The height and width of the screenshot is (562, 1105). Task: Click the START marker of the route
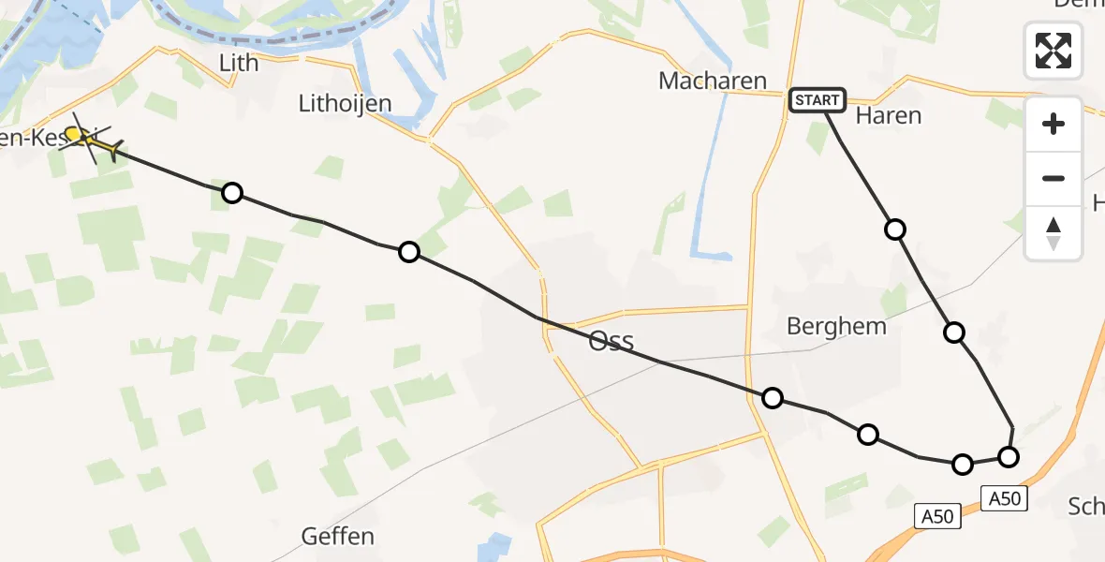point(818,99)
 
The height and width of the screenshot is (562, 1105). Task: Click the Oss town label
point(611,341)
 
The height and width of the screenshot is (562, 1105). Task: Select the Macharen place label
point(713,81)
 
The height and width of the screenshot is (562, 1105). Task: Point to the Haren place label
point(889,116)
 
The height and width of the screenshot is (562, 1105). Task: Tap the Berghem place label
point(836,327)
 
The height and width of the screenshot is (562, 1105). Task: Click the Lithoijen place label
point(345,103)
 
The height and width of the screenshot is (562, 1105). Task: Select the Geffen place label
point(338,537)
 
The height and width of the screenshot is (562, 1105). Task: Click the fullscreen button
point(1053,51)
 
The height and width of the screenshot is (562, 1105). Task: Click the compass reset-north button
point(1053,233)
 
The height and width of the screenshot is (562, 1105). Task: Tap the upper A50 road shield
point(1005,498)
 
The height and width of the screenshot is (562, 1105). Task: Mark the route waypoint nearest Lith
point(232,193)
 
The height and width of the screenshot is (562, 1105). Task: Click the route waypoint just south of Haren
point(895,229)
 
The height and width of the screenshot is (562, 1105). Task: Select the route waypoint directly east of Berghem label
point(953,332)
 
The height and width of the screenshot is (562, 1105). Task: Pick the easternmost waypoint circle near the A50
point(1008,457)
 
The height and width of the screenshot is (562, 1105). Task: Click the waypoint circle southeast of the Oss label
point(772,398)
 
